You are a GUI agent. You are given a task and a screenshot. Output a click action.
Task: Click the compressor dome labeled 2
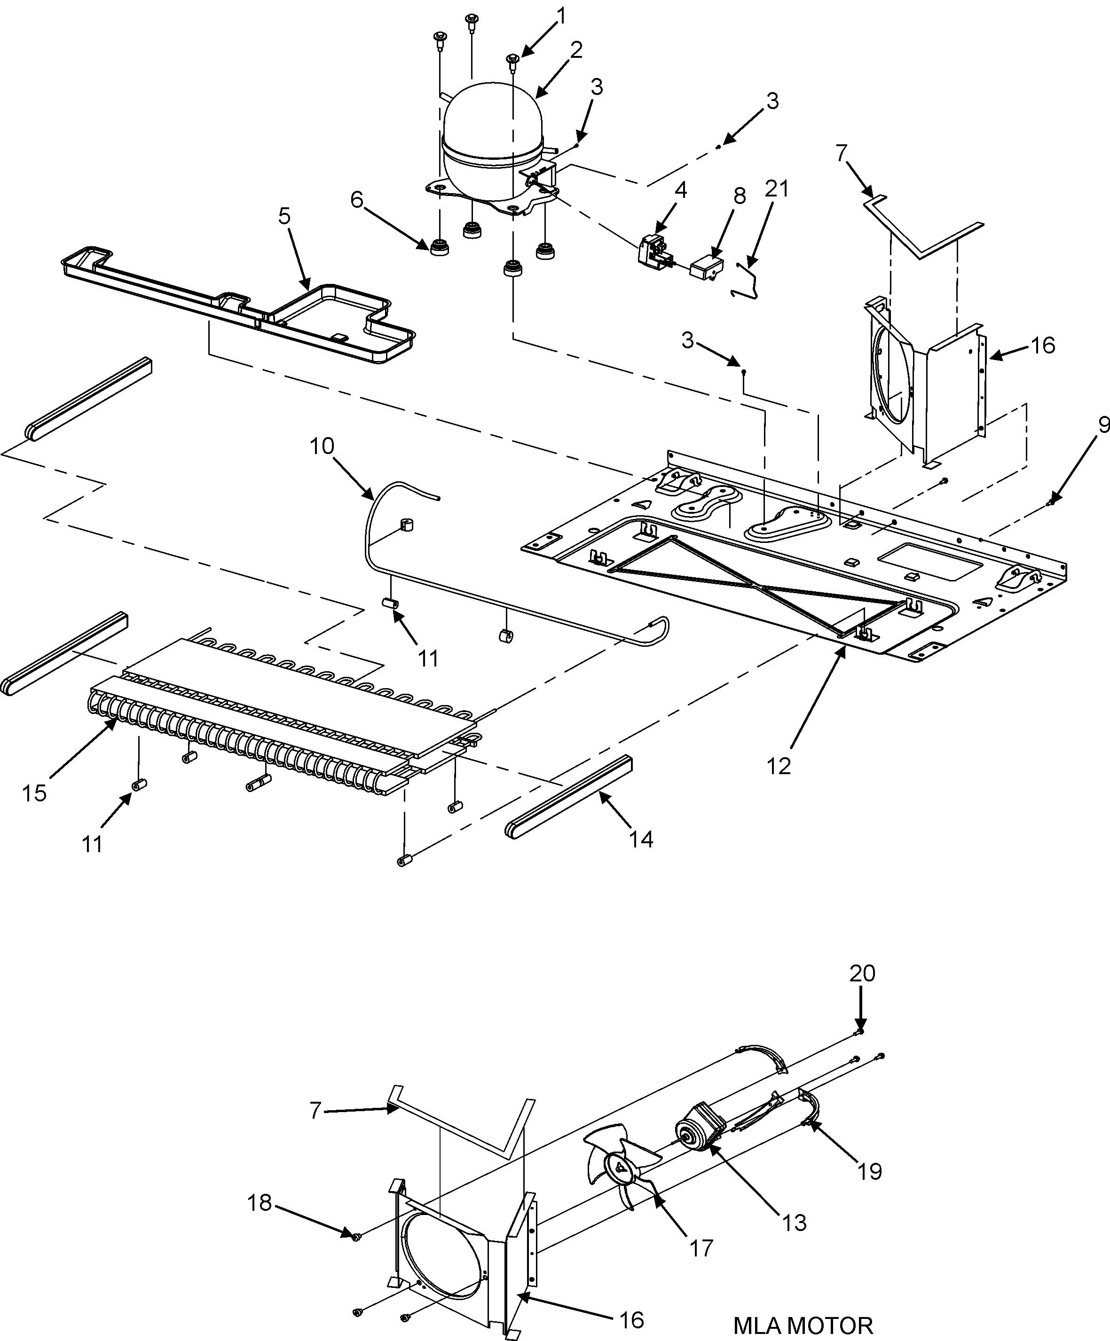492,128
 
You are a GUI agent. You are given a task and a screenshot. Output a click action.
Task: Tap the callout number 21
777,189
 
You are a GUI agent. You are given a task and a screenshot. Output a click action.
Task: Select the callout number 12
779,766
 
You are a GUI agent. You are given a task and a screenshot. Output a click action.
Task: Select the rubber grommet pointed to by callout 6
440,247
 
